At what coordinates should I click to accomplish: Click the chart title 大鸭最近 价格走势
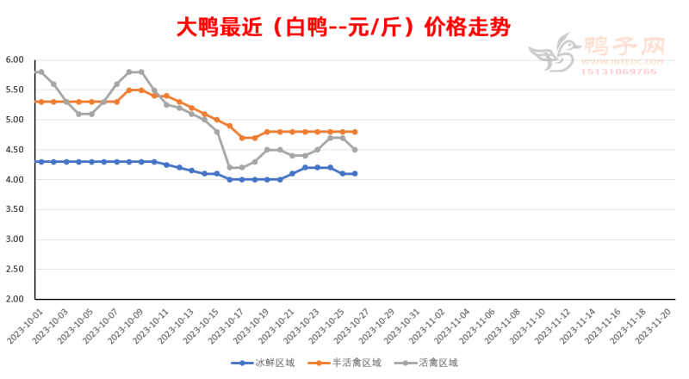coord(344,28)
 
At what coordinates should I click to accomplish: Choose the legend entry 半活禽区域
coord(351,363)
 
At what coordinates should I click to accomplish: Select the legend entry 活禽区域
coord(436,363)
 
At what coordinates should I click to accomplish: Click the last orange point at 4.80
coord(355,132)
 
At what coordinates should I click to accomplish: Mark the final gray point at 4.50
coord(355,150)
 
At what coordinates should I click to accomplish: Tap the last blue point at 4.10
coord(355,174)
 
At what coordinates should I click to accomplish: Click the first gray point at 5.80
coord(41,71)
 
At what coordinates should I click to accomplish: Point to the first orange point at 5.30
coord(41,102)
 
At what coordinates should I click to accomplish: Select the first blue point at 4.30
coord(41,162)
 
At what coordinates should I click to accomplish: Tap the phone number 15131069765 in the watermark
coord(621,71)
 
